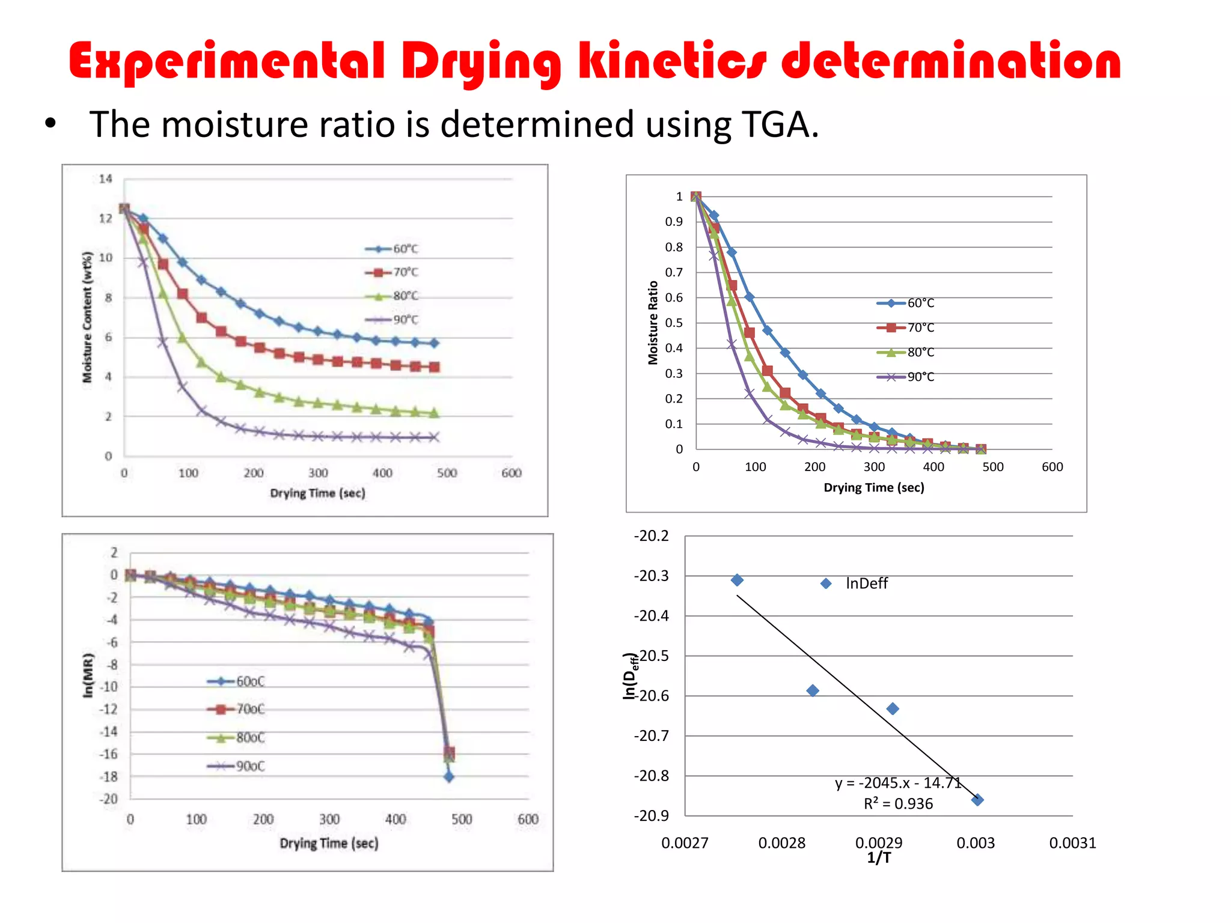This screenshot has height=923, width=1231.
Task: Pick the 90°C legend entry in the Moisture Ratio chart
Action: tap(906, 377)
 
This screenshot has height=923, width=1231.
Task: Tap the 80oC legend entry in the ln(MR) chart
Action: tap(237, 737)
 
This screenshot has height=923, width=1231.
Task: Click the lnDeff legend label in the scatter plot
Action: tap(866, 583)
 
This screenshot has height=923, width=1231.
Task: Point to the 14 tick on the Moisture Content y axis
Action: tap(105, 178)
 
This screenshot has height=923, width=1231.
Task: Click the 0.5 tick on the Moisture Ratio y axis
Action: tap(674, 323)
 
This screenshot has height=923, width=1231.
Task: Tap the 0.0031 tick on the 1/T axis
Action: tap(1072, 843)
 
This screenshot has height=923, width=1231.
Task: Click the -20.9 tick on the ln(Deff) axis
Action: tap(651, 815)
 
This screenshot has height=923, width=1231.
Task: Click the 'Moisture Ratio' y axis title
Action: tap(653, 323)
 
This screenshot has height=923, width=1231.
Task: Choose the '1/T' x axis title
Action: tap(879, 858)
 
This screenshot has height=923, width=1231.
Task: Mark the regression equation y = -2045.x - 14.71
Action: tap(898, 783)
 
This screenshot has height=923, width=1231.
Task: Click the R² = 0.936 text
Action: tap(898, 804)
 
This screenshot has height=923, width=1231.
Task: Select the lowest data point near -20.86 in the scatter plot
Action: tap(977, 800)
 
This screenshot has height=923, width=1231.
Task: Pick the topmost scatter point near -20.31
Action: tap(737, 580)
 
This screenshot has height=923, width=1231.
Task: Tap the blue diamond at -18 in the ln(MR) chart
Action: tap(449, 777)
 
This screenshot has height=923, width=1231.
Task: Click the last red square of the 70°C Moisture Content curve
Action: tap(434, 367)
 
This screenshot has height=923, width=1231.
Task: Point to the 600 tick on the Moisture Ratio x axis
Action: tap(1052, 467)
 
